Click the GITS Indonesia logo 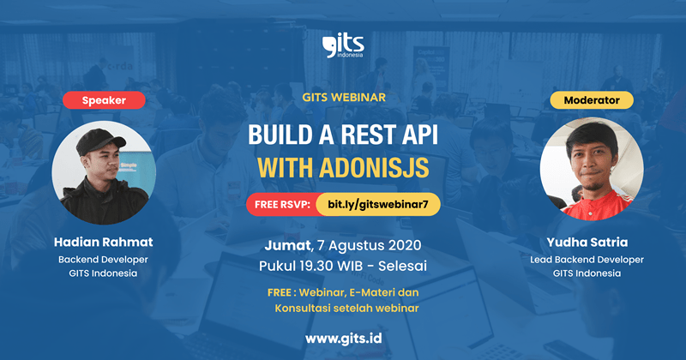342,45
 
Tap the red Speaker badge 103,100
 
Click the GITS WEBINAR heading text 343,98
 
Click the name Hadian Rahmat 103,242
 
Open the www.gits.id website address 343,337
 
